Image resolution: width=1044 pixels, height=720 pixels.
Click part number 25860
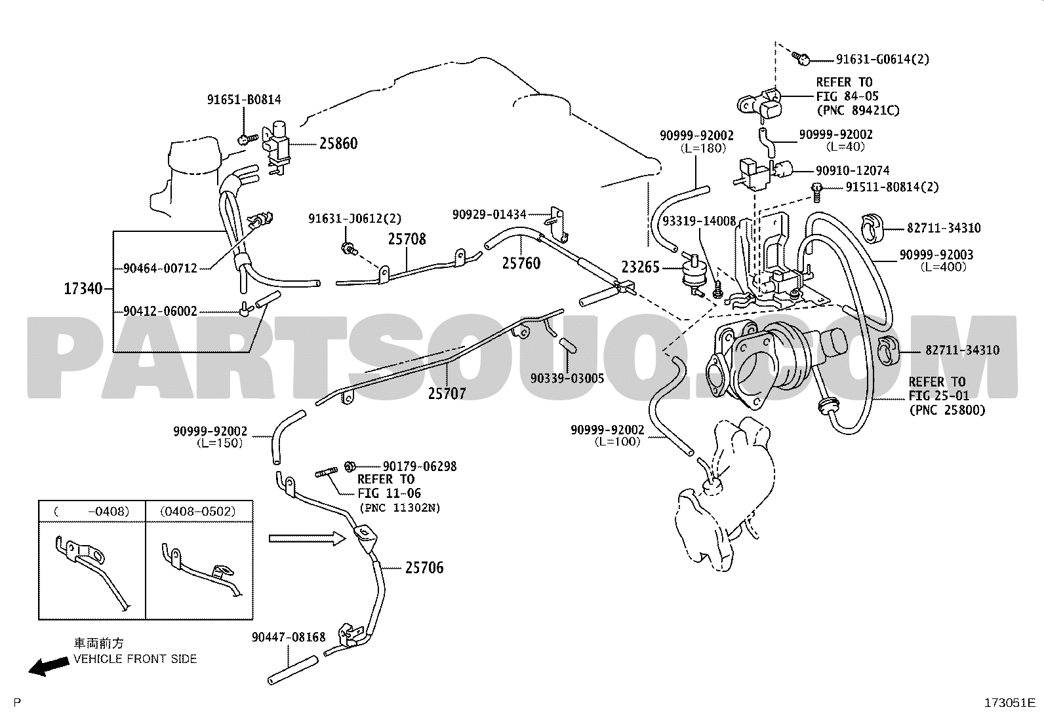click(x=338, y=143)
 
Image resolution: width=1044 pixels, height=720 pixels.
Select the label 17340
click(x=83, y=289)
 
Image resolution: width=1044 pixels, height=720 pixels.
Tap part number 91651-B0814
click(x=244, y=100)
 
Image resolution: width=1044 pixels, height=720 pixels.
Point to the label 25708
click(x=407, y=239)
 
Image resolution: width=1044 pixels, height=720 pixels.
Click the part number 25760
click(x=521, y=263)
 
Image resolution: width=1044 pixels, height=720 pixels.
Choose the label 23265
click(x=641, y=267)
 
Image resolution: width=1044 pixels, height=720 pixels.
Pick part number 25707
click(x=447, y=394)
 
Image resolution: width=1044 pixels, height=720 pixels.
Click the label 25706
click(x=424, y=568)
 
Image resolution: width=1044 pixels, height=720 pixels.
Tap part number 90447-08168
click(x=289, y=637)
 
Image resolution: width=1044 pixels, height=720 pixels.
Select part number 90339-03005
click(x=567, y=378)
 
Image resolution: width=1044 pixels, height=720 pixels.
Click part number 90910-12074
click(x=853, y=170)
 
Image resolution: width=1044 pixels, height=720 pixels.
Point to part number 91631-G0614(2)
click(x=882, y=60)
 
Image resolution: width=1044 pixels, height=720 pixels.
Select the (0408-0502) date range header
click(x=198, y=512)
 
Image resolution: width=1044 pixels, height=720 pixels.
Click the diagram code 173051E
click(x=1009, y=703)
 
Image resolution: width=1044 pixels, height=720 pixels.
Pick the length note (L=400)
click(x=943, y=267)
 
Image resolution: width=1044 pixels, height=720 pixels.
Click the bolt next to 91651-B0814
click(x=247, y=139)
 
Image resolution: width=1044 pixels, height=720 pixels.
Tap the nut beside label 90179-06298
click(x=350, y=466)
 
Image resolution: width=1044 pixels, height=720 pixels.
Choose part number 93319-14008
click(x=699, y=221)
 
